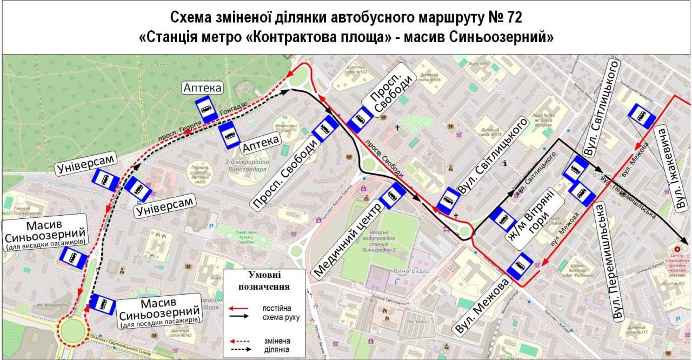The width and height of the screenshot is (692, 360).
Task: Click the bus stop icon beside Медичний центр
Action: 392,196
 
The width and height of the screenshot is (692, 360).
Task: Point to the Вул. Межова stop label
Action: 483,306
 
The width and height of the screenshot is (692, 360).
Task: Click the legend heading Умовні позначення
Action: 264,281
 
